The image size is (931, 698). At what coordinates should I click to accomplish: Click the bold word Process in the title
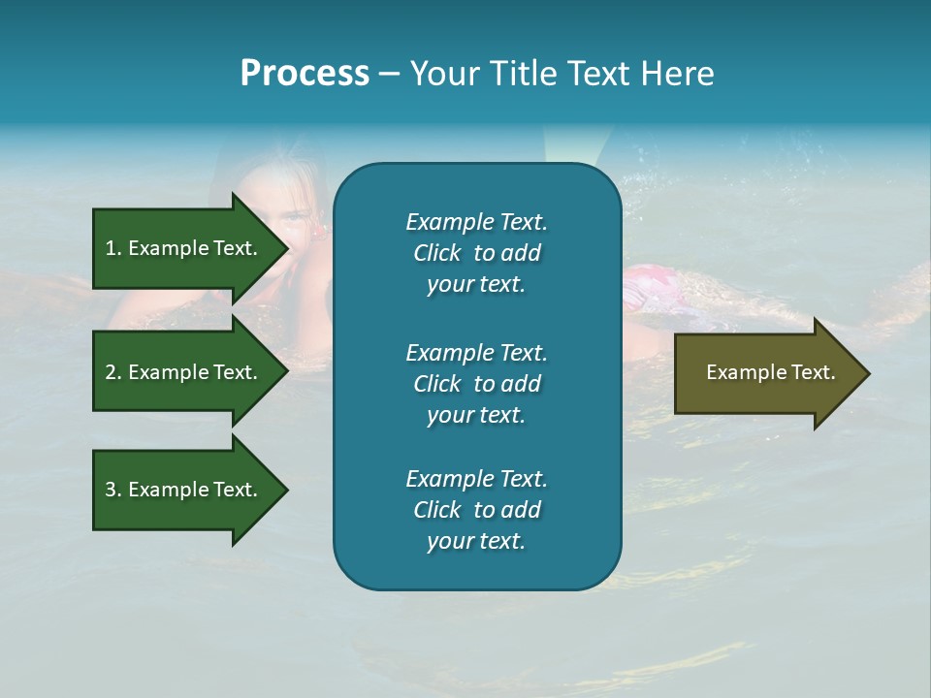tap(305, 74)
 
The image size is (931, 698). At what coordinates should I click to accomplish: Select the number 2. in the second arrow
tap(113, 372)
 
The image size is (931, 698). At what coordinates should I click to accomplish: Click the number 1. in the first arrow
tap(113, 248)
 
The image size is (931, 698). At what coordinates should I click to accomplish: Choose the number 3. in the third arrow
tap(113, 490)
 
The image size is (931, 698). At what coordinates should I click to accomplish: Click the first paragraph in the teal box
tap(476, 253)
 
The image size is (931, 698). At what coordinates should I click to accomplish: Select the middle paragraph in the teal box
tap(476, 384)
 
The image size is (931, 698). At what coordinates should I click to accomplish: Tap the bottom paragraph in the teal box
tap(476, 510)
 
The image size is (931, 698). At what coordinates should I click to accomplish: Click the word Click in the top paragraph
tap(436, 253)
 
